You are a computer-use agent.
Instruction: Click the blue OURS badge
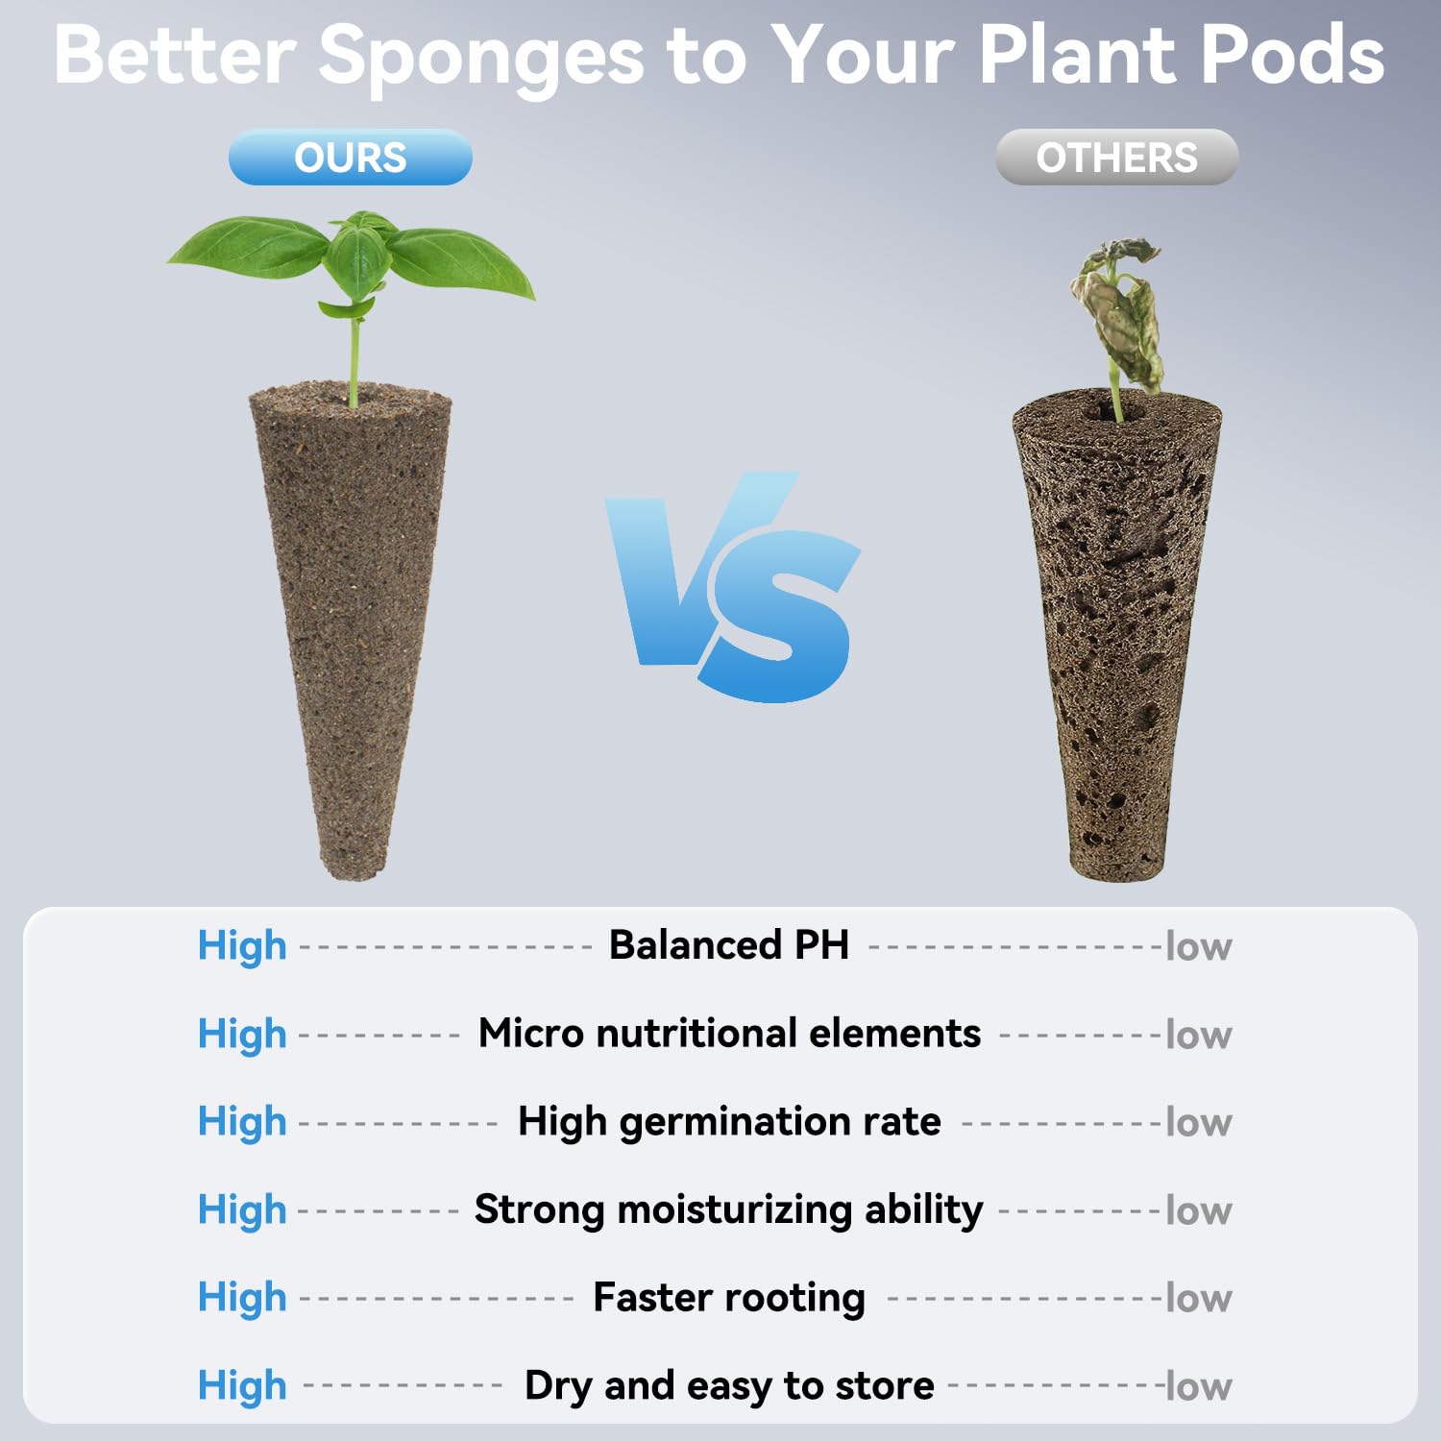click(350, 158)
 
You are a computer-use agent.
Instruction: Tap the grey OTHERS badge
click(1116, 158)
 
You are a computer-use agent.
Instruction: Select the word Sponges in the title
click(480, 56)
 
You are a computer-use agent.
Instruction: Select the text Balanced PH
click(729, 945)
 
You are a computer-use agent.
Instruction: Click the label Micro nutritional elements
click(729, 1034)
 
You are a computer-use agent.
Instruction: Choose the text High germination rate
click(729, 1122)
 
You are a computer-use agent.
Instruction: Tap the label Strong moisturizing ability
click(729, 1209)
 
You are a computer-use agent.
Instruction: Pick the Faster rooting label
click(729, 1298)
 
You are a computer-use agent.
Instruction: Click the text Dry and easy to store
click(729, 1386)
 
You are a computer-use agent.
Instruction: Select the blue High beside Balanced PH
click(242, 946)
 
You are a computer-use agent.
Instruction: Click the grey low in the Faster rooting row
click(1198, 1299)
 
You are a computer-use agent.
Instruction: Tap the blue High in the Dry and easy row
click(242, 1386)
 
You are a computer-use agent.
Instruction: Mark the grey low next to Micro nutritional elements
click(1198, 1035)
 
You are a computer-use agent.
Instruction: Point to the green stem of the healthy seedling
click(354, 360)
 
